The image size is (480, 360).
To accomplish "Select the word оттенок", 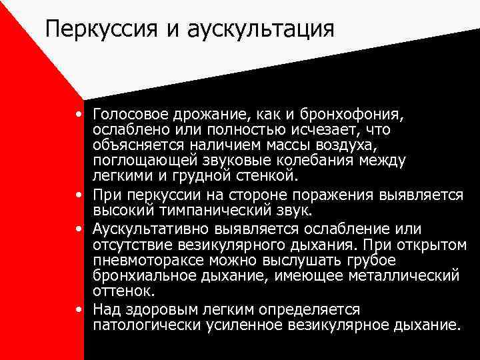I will [123, 291].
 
